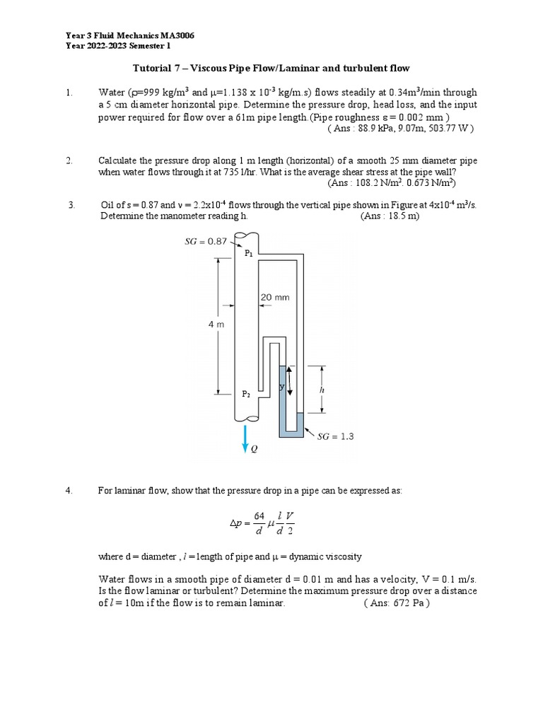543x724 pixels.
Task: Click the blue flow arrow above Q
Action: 245,437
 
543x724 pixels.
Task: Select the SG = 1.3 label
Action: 334,436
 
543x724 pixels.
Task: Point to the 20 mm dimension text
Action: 275,298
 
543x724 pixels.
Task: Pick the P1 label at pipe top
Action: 248,252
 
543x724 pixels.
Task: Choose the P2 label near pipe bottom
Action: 247,395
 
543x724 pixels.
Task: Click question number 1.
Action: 69,92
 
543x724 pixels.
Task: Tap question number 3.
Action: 71,205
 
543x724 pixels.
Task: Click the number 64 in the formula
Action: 259,516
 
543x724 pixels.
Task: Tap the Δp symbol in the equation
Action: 236,524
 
